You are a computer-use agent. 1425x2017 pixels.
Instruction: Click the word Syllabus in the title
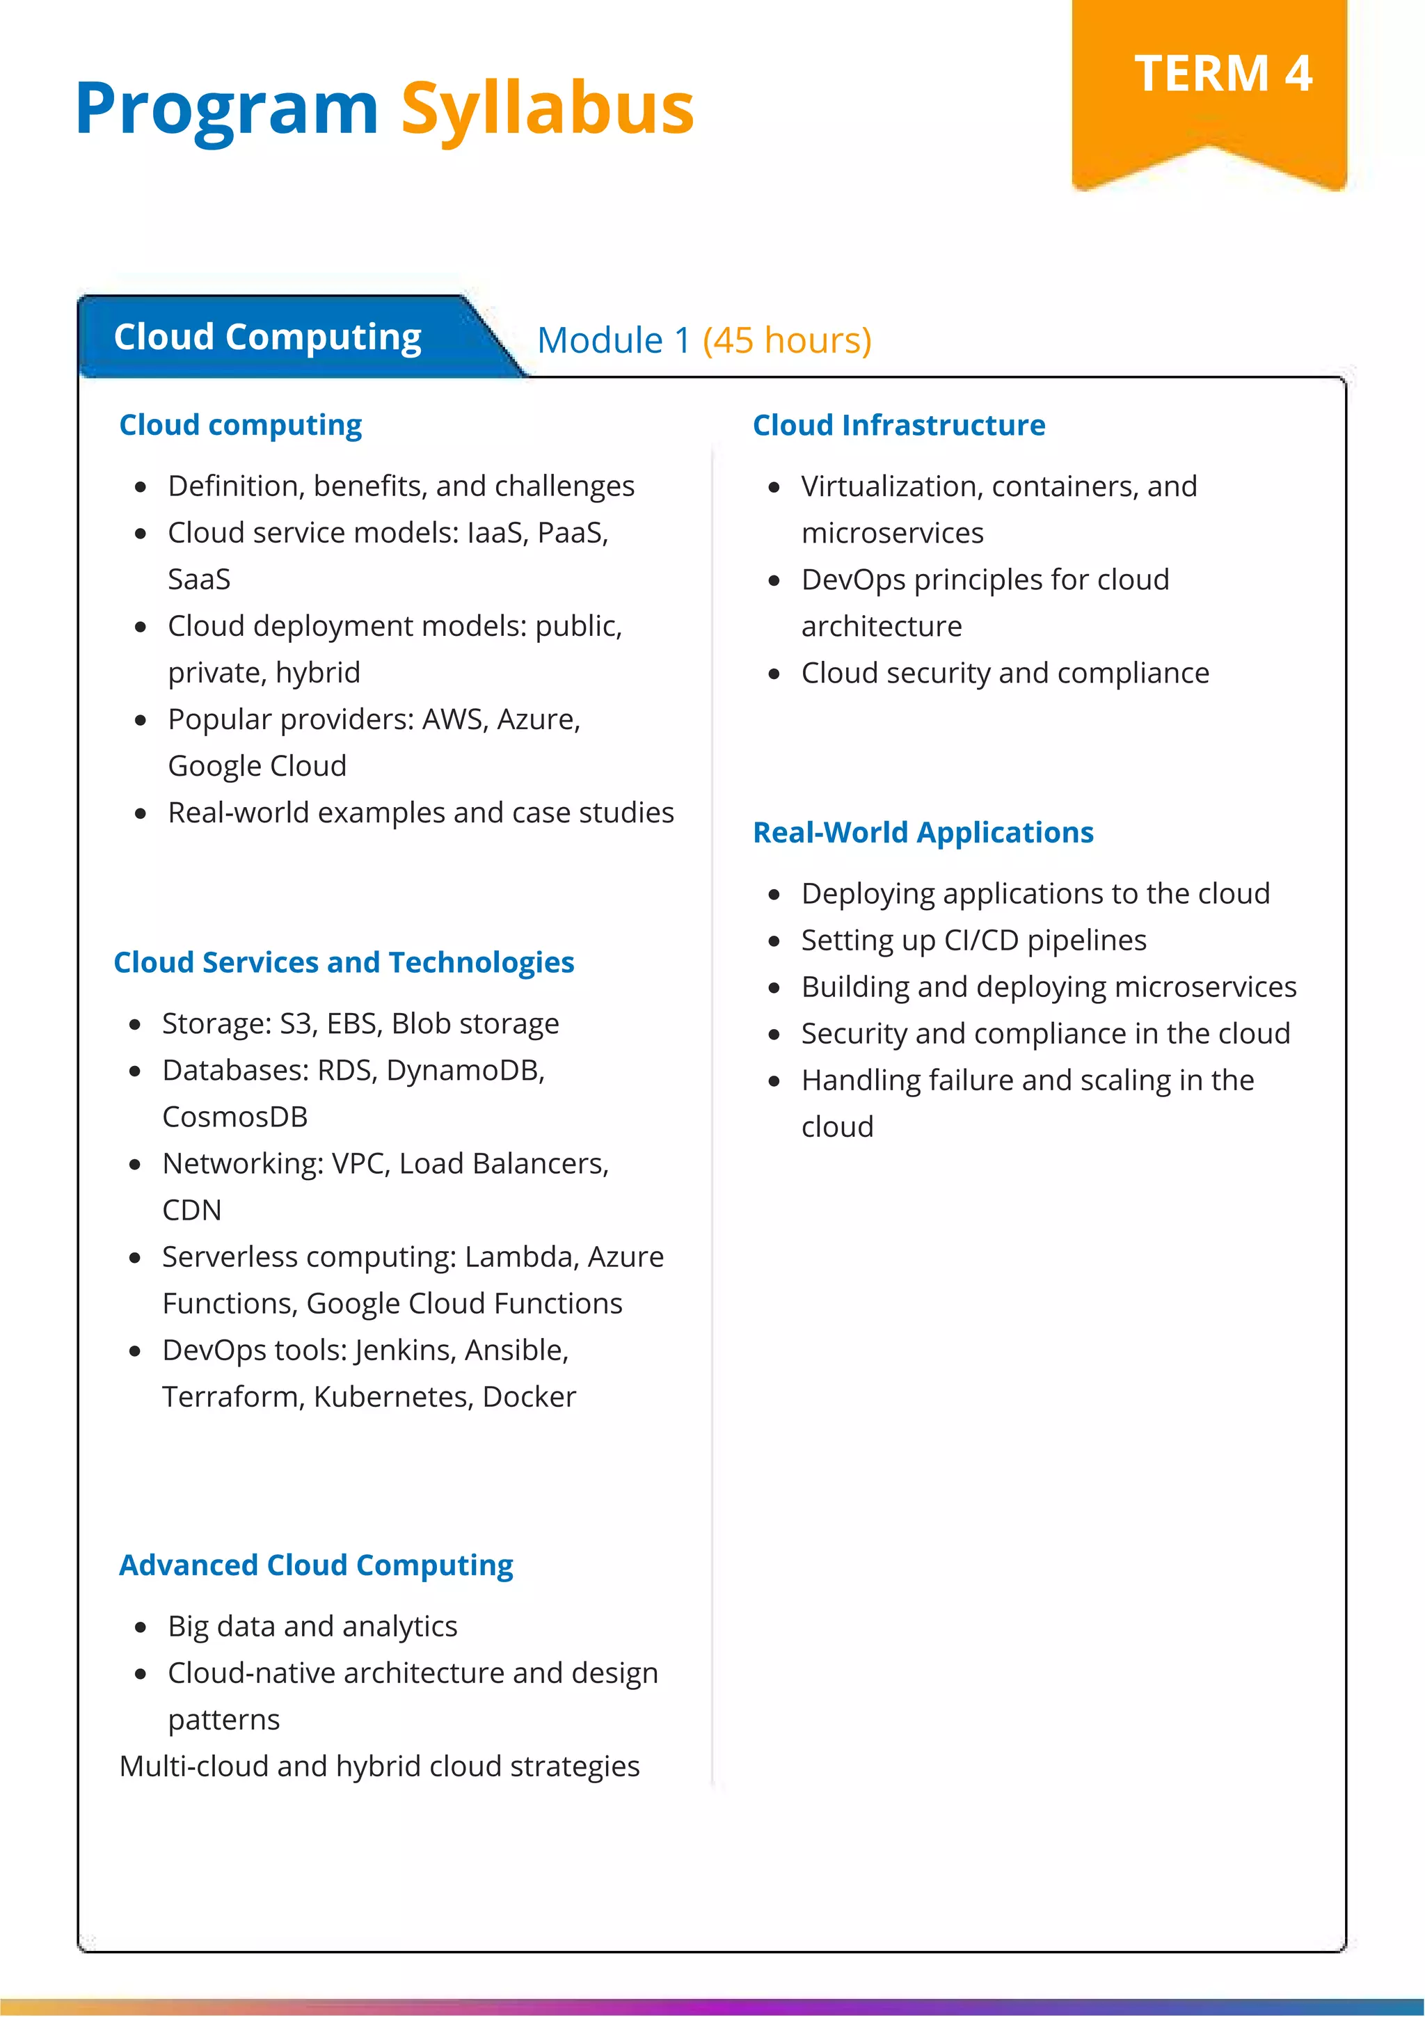point(548,109)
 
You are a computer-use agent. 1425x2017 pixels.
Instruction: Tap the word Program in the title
point(227,109)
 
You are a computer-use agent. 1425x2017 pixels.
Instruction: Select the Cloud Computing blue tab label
point(267,337)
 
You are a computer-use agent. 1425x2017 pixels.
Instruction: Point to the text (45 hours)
point(786,340)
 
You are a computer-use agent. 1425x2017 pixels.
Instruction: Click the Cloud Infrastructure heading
point(899,425)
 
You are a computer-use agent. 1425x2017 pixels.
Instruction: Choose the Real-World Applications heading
point(923,832)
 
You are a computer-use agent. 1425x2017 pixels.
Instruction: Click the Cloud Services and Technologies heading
point(344,962)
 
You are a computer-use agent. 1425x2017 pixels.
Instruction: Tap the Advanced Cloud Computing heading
point(317,1565)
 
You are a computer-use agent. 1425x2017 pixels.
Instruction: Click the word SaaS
point(200,580)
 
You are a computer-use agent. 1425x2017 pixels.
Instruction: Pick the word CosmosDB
point(234,1117)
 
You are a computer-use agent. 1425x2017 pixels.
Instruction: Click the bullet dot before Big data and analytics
point(141,1627)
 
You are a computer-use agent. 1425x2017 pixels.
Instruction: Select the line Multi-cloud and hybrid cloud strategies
point(379,1766)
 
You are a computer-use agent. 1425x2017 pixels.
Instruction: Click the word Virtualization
point(891,486)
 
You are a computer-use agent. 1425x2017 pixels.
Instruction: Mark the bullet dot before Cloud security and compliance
point(774,673)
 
